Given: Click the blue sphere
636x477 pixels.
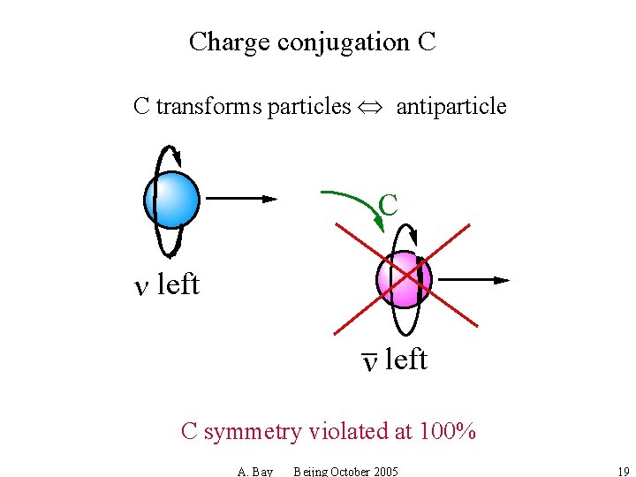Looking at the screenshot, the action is [x=171, y=200].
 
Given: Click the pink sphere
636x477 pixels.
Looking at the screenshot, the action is [x=403, y=280].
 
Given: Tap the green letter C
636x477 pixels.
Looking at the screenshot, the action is [x=388, y=205].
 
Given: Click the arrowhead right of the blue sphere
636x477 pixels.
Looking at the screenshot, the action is [x=269, y=200].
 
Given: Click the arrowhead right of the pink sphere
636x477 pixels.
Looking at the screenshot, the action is [x=502, y=280].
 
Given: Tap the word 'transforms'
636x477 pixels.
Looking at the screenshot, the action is [x=208, y=107].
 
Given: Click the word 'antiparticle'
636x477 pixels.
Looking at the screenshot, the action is [x=451, y=107].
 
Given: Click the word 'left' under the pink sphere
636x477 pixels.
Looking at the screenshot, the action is [x=406, y=360].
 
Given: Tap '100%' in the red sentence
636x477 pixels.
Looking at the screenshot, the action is [x=448, y=431].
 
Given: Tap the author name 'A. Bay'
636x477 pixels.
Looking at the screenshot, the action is [x=255, y=472].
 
